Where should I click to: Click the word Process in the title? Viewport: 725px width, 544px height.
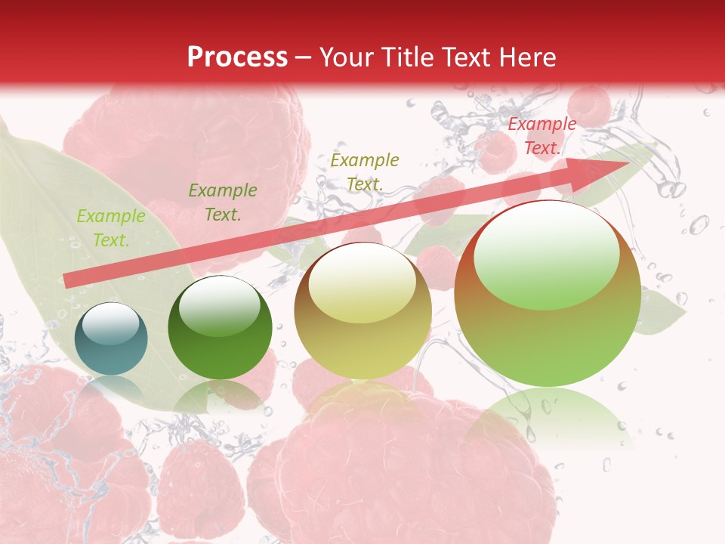[x=237, y=57]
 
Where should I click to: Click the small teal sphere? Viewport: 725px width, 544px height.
[x=111, y=338]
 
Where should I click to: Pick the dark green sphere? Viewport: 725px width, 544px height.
[x=220, y=329]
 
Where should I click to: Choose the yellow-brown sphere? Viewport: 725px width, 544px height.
[x=362, y=311]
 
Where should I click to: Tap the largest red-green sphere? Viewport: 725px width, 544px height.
[x=548, y=295]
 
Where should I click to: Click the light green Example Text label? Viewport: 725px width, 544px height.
[x=111, y=228]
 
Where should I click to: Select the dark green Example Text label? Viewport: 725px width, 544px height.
[x=223, y=202]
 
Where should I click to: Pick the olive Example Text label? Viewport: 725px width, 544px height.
[x=365, y=172]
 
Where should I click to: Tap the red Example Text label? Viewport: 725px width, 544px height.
[x=541, y=136]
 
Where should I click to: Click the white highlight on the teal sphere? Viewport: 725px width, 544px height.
[x=110, y=323]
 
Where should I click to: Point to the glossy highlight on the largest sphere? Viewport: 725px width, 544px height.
[x=546, y=255]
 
